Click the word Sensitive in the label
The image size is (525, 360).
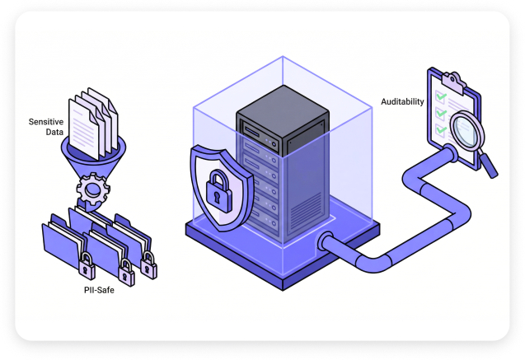click(46, 122)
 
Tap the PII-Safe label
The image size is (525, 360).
click(99, 290)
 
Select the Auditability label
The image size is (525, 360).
click(402, 101)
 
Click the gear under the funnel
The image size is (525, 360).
click(93, 189)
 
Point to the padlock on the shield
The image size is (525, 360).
click(218, 191)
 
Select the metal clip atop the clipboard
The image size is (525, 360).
click(454, 82)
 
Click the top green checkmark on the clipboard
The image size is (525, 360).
click(441, 96)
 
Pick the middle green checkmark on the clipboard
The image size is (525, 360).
click(441, 113)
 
